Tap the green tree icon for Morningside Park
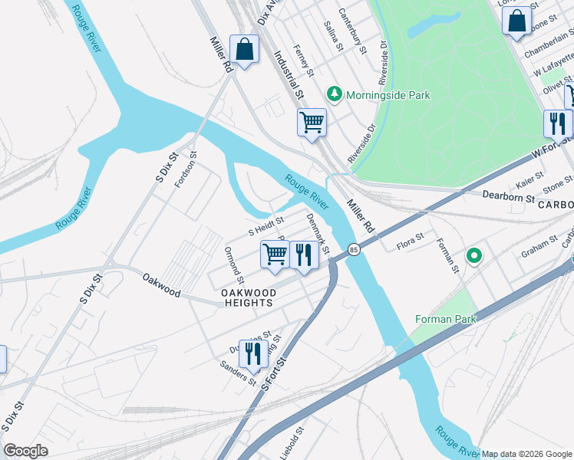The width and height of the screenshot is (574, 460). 334,94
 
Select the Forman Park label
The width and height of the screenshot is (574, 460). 445,319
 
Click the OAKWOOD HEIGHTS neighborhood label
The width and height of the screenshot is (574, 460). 247,297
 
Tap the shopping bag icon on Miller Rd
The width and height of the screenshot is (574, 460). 244,50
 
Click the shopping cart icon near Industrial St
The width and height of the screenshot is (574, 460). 312,121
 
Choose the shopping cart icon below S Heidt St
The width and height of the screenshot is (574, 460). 275,254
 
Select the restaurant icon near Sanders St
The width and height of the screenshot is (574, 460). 250,353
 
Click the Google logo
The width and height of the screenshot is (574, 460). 25,451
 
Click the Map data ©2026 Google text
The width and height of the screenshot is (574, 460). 527,454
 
